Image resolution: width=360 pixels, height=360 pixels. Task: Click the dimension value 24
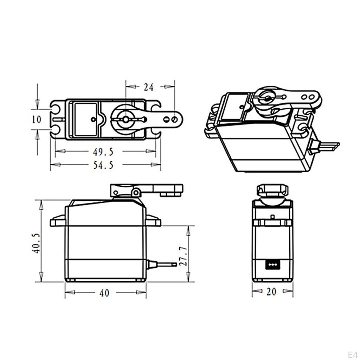[149, 87]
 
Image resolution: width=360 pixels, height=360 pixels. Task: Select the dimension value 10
[37, 119]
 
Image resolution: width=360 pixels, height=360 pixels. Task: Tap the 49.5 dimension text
[103, 152]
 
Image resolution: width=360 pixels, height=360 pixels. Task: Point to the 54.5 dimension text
[103, 165]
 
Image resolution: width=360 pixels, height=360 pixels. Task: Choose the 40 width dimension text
[104, 292]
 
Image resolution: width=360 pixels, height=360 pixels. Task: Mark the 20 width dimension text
[271, 291]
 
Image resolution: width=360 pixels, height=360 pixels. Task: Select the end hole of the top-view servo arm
[174, 120]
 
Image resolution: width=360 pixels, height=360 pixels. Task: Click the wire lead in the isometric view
[329, 146]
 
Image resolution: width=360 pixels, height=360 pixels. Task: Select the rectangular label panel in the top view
[85, 119]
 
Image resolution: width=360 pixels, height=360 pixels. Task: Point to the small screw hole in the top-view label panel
[93, 120]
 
